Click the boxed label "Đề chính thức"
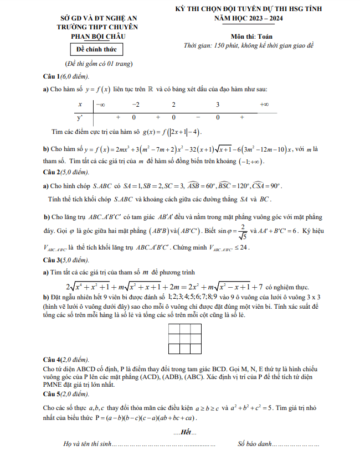click(92, 50)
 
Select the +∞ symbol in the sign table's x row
click(264, 105)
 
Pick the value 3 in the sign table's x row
click(218, 105)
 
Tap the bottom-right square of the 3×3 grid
click(196, 348)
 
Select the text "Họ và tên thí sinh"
click(88, 444)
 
